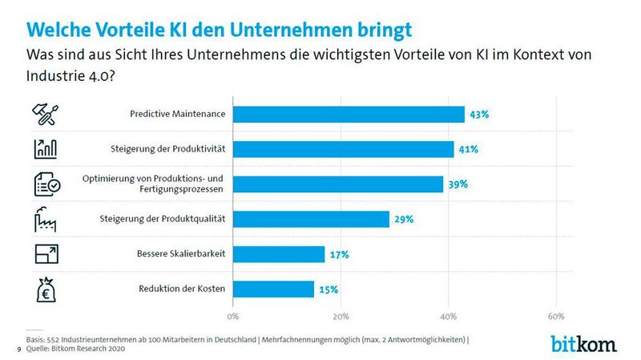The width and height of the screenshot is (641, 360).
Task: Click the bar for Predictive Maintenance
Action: click(x=349, y=115)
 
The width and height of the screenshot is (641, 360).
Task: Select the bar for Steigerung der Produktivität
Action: click(x=344, y=149)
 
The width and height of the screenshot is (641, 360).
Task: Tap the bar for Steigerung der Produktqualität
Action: click(x=312, y=219)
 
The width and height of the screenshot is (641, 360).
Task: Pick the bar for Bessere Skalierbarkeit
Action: click(x=280, y=254)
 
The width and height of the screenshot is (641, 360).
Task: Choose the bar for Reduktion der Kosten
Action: click(x=274, y=289)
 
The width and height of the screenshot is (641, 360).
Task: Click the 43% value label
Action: click(x=479, y=115)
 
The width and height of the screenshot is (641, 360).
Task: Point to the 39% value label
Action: click(x=458, y=184)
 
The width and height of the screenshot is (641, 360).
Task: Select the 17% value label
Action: click(x=340, y=254)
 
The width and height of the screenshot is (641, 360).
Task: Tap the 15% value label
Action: click(x=329, y=289)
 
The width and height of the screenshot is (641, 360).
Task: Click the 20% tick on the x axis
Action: click(x=341, y=314)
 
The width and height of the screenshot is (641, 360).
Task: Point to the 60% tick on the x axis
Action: click(x=555, y=314)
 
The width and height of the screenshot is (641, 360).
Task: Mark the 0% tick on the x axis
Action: click(x=235, y=314)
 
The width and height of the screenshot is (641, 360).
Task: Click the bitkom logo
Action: click(x=583, y=343)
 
